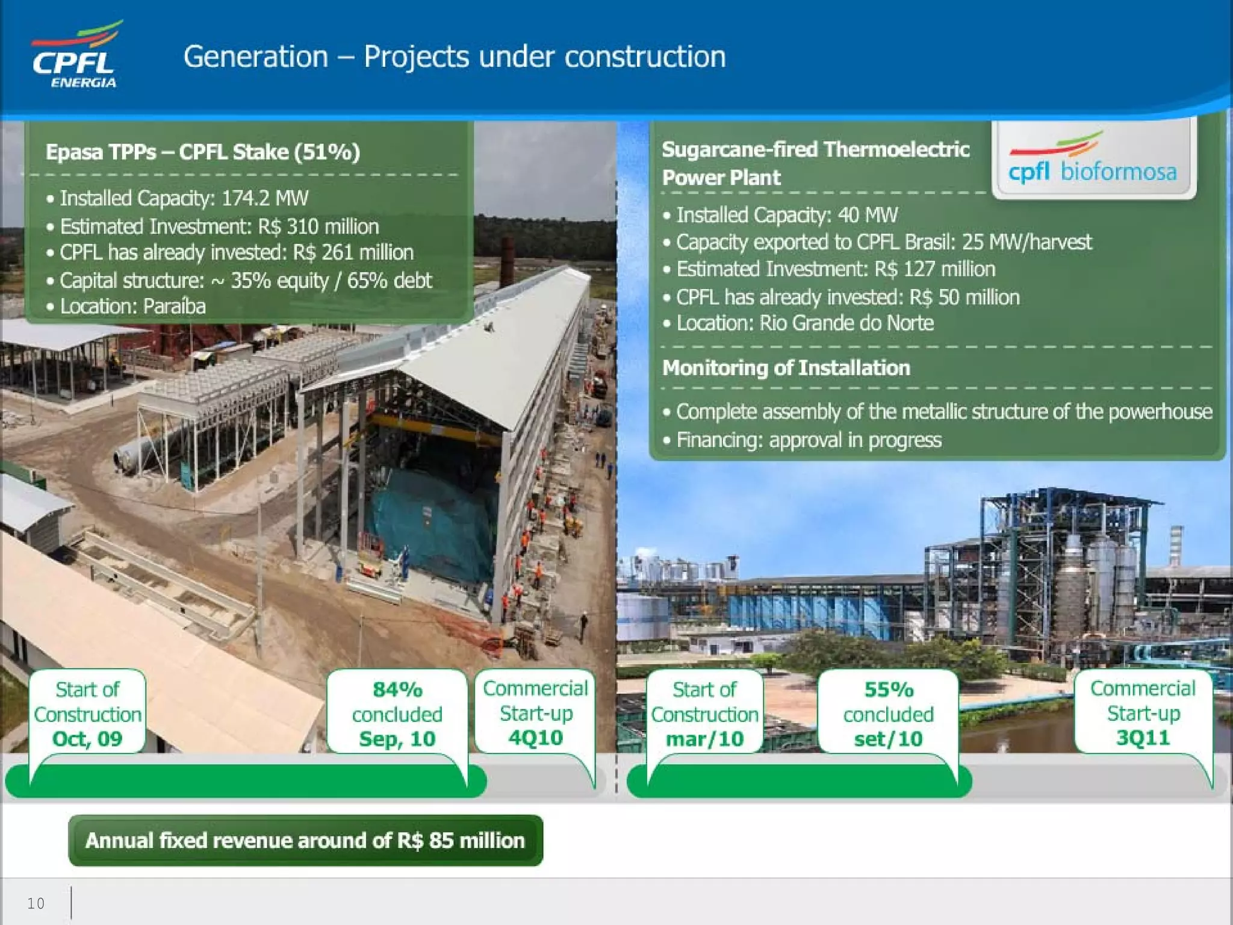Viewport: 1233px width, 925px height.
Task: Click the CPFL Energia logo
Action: click(76, 55)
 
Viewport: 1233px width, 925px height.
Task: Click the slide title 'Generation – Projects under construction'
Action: click(455, 57)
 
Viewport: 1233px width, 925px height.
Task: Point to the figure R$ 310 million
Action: click(318, 226)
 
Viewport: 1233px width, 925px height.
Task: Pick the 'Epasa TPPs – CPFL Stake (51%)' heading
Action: click(203, 152)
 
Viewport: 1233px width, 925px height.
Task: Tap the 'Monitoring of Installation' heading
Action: click(786, 368)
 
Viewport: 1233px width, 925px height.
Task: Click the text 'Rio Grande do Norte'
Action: click(846, 323)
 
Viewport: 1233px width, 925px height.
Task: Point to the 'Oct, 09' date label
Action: click(87, 739)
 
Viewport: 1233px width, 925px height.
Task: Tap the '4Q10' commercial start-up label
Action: click(535, 738)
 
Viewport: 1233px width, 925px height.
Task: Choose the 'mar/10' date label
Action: click(704, 739)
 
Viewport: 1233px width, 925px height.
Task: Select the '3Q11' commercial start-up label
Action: click(1143, 738)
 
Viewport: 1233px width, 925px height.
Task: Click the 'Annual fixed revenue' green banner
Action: click(305, 841)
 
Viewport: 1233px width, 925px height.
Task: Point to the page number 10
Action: click(36, 903)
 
